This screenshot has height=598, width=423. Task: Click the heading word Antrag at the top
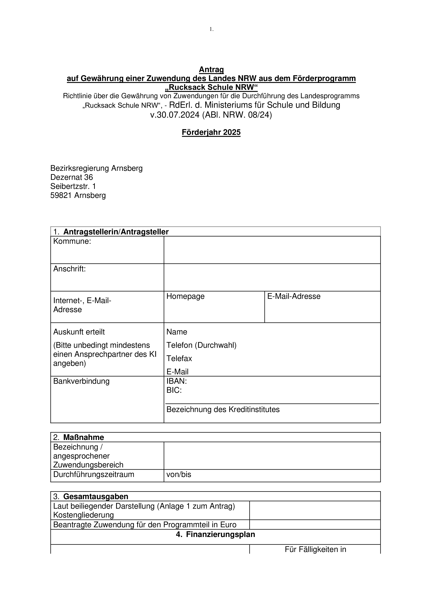point(211,70)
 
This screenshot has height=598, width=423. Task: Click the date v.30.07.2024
point(175,115)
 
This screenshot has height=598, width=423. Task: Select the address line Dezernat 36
point(72,177)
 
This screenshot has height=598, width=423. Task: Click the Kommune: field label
point(72,241)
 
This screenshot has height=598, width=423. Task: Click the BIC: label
point(174,390)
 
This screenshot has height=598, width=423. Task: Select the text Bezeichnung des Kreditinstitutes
point(223,409)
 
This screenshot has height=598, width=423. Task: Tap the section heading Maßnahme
point(84,437)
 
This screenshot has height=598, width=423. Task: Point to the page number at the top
point(211,29)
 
